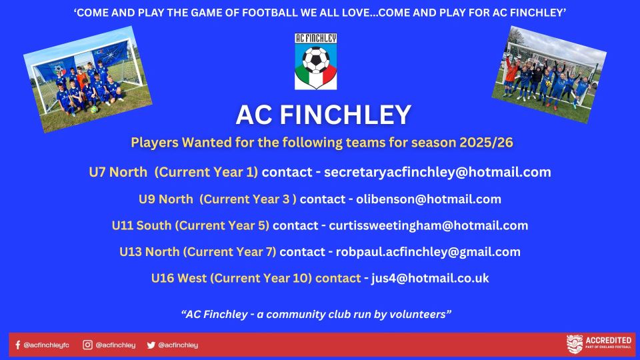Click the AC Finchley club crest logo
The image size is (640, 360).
click(x=315, y=61)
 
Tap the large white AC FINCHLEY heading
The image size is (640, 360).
click(x=323, y=115)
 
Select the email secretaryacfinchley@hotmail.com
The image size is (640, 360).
click(x=437, y=172)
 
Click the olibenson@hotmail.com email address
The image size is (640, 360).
click(x=429, y=199)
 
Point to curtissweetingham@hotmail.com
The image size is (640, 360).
click(x=429, y=225)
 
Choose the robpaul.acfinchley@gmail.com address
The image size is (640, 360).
click(x=428, y=252)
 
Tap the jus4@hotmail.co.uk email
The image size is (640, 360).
click(x=430, y=278)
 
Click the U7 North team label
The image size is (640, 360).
click(x=118, y=172)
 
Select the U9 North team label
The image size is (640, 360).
click(x=166, y=199)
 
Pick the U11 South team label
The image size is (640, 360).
click(x=141, y=225)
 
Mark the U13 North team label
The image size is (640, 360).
click(x=149, y=252)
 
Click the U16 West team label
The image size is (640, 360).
click(x=179, y=278)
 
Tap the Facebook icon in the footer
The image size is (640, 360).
click(x=17, y=345)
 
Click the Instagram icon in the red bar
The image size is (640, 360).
click(x=87, y=345)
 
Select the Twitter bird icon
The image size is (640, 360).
click(x=151, y=345)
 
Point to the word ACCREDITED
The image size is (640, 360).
click(x=609, y=340)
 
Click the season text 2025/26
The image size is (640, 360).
click(x=486, y=143)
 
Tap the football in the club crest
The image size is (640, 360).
click(x=316, y=60)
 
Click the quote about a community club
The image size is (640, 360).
click(x=316, y=314)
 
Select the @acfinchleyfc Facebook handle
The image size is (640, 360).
click(x=47, y=345)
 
